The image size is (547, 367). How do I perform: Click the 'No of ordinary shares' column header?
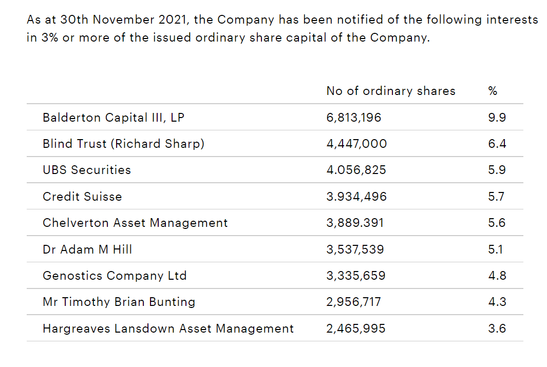pyautogui.click(x=391, y=91)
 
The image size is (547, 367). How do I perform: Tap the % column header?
pyautogui.click(x=493, y=91)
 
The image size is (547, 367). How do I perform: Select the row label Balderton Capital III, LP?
pyautogui.click(x=114, y=118)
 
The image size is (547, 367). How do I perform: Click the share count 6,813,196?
pyautogui.click(x=354, y=118)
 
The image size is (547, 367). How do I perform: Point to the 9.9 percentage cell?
pyautogui.click(x=497, y=118)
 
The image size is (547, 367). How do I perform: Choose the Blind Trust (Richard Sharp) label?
pyautogui.click(x=123, y=144)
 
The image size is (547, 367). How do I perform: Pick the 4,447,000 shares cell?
pyautogui.click(x=356, y=144)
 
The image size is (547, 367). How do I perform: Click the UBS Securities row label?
pyautogui.click(x=87, y=170)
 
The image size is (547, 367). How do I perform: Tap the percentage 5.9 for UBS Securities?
pyautogui.click(x=497, y=170)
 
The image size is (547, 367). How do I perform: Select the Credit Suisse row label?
pyautogui.click(x=82, y=197)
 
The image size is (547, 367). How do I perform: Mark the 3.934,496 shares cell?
pyautogui.click(x=356, y=197)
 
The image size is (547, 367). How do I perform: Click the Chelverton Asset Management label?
pyautogui.click(x=135, y=223)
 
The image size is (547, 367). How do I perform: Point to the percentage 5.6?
pyautogui.click(x=497, y=223)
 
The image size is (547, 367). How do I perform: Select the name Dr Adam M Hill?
pyautogui.click(x=87, y=249)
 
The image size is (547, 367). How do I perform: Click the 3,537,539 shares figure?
pyautogui.click(x=355, y=249)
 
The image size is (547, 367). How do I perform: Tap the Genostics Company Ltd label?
pyautogui.click(x=115, y=276)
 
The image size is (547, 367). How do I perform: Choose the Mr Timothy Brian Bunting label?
pyautogui.click(x=119, y=302)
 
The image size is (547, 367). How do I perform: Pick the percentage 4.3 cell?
pyautogui.click(x=497, y=302)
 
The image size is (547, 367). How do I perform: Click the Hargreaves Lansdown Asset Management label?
pyautogui.click(x=168, y=329)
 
